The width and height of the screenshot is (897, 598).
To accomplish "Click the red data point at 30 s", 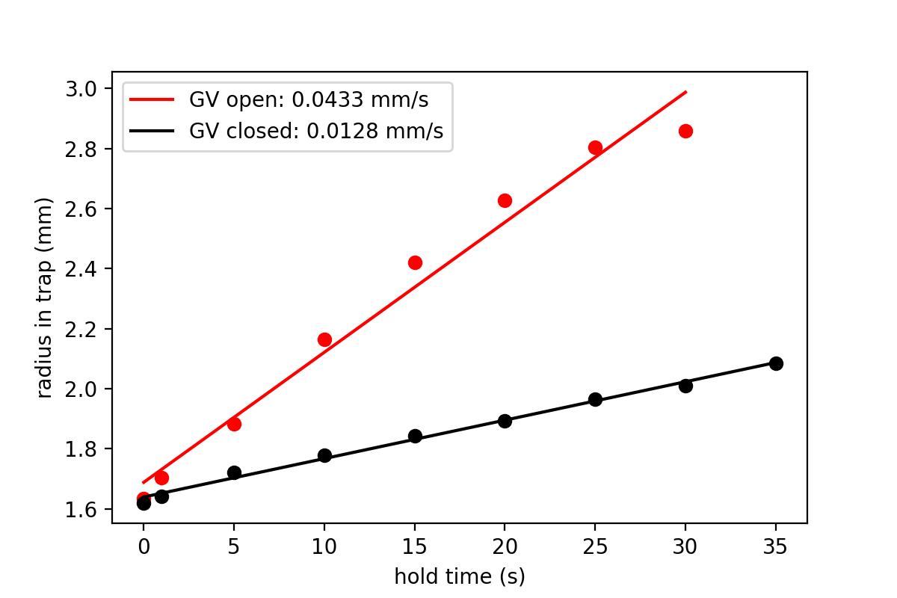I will [685, 131].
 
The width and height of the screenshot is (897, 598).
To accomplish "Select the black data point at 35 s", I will [776, 363].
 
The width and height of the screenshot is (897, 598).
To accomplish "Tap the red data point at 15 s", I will [415, 262].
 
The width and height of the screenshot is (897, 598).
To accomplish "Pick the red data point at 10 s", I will [324, 339].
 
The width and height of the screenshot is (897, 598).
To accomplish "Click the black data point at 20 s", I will [505, 421].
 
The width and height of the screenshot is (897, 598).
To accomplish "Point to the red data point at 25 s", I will [595, 147].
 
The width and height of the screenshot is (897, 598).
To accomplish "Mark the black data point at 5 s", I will [234, 472].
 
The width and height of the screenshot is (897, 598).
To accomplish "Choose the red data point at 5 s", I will [234, 424].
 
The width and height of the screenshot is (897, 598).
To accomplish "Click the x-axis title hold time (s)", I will [460, 576].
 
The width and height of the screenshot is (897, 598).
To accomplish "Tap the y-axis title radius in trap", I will [46, 298].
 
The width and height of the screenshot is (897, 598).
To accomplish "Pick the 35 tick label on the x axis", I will [776, 546].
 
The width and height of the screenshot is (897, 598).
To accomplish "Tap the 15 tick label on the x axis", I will [415, 546].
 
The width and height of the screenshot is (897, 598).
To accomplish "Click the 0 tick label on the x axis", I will [144, 546].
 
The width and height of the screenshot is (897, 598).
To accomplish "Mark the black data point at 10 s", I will [324, 455].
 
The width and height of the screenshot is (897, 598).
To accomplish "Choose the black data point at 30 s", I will [685, 386].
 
